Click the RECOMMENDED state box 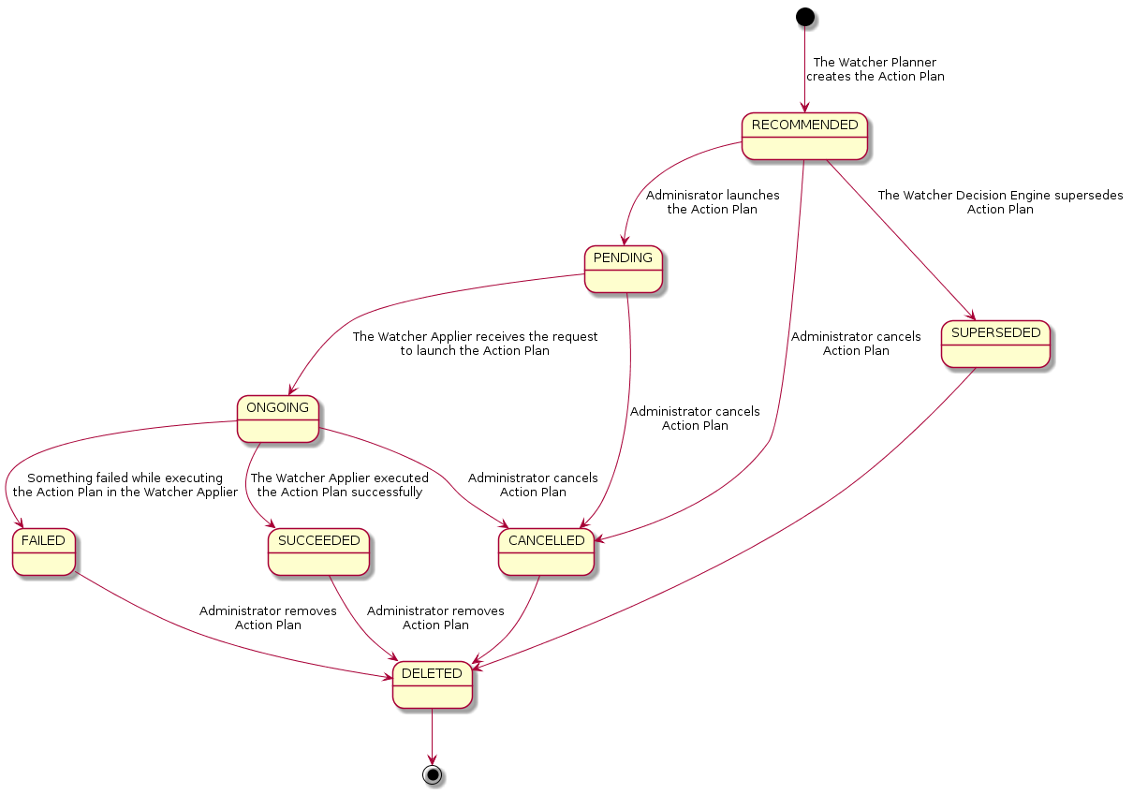804,136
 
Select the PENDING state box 624,269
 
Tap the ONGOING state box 278,419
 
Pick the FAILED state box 44,551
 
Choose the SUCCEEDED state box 318,551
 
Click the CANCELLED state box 546,551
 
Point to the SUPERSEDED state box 995,344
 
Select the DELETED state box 432,684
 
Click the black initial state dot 804,16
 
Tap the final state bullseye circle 432,774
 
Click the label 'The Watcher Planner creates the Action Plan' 875,69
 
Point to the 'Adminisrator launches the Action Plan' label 712,202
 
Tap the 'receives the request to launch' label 475,344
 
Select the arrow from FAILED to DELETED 215,637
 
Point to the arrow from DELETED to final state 432,735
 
